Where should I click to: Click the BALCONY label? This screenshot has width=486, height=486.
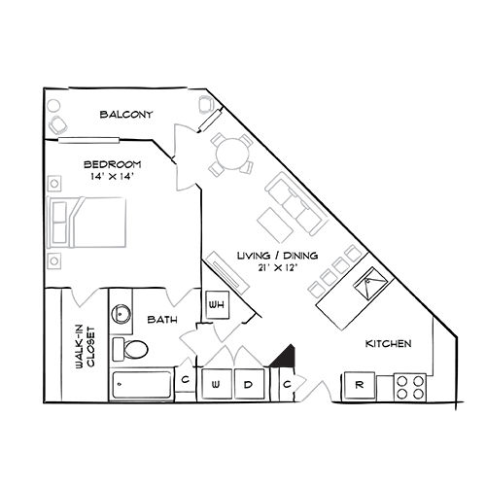click(127, 115)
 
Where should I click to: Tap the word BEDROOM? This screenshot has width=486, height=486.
click(113, 164)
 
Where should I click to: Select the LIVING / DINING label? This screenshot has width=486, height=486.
click(270, 256)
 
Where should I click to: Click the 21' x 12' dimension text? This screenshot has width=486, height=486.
click(270, 269)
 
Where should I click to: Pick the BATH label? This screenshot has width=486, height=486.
click(161, 318)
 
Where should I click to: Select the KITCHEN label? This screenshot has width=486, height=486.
click(388, 344)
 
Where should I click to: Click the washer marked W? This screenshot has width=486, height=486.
click(216, 384)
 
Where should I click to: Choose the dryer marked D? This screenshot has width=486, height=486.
click(249, 384)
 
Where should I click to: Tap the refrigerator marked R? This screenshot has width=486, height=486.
click(359, 386)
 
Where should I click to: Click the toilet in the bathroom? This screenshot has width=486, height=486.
click(132, 348)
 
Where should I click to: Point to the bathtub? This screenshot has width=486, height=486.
click(142, 384)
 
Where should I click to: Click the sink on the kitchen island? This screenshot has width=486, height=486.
click(370, 285)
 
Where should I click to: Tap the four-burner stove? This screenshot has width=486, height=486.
click(410, 388)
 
